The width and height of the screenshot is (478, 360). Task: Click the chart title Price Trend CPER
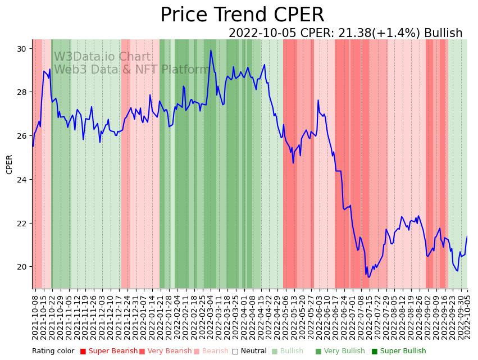pyautogui.click(x=242, y=15)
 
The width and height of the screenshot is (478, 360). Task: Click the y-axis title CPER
pyautogui.click(x=10, y=164)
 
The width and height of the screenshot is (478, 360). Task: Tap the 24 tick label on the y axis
pyautogui.click(x=21, y=180)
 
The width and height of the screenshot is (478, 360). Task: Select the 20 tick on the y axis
pyautogui.click(x=21, y=267)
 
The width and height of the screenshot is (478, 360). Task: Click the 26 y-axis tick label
pyautogui.click(x=21, y=136)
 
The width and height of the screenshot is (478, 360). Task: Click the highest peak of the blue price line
pyautogui.click(x=211, y=51)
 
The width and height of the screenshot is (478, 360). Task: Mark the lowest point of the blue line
pyautogui.click(x=369, y=277)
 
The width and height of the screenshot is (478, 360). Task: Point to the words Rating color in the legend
pyautogui.click(x=53, y=351)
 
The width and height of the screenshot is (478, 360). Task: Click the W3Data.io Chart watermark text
pyautogui.click(x=102, y=57)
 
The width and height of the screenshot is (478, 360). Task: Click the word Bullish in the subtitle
pyautogui.click(x=443, y=33)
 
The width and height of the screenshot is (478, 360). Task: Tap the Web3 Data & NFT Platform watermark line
pyautogui.click(x=131, y=70)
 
